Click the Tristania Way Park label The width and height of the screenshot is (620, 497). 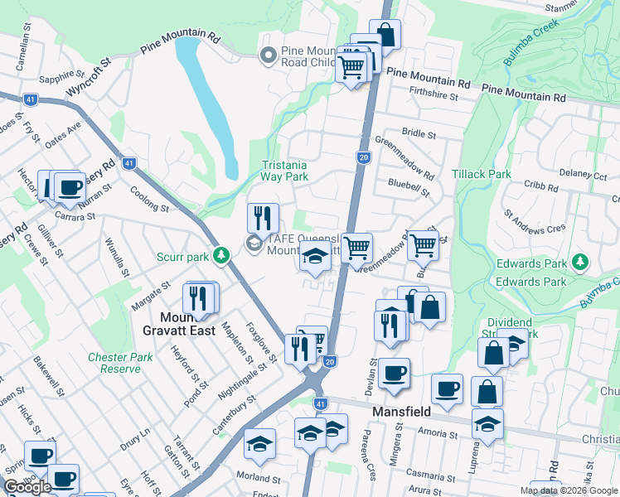coord(284,171)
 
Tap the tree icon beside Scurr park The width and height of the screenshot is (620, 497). coord(220,255)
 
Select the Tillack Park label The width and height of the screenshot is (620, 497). coord(482,175)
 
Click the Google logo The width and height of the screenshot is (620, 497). coord(27,486)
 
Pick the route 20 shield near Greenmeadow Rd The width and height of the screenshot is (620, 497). coord(363,157)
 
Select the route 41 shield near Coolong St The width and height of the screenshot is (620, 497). coord(128,163)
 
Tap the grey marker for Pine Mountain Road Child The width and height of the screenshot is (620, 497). coord(268,55)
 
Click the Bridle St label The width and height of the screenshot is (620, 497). coord(418,133)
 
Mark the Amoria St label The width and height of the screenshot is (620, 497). coord(439,432)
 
